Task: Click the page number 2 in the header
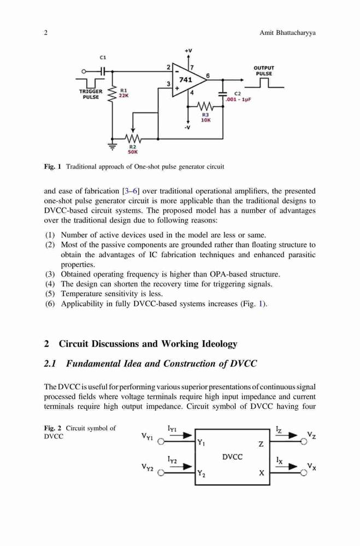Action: (46, 33)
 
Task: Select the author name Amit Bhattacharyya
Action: (287, 33)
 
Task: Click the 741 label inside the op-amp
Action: (185, 80)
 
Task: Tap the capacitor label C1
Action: (103, 57)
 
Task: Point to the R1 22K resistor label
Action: (123, 93)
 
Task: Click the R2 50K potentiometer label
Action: (133, 150)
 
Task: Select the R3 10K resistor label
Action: (205, 117)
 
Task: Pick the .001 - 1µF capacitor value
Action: (238, 99)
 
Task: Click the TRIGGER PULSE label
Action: (91, 94)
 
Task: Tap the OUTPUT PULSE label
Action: (264, 70)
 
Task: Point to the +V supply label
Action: (188, 50)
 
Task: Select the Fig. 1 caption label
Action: (52, 167)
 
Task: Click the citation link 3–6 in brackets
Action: (131, 191)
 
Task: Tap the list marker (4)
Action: (50, 284)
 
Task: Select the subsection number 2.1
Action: (50, 364)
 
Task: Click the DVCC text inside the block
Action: (232, 457)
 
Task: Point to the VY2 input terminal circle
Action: (161, 472)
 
